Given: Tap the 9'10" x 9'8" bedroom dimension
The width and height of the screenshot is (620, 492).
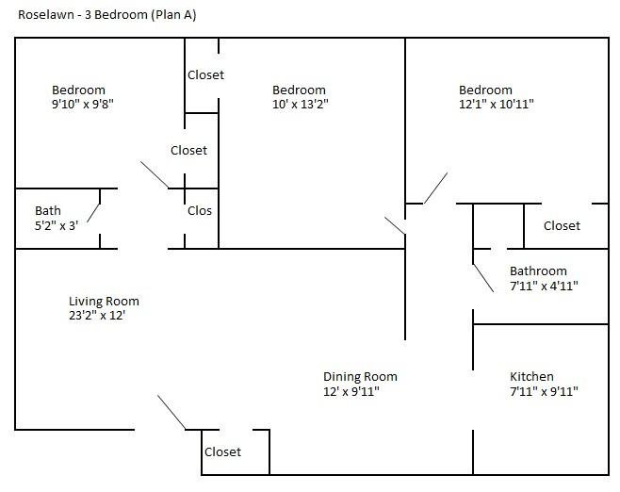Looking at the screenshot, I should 84,106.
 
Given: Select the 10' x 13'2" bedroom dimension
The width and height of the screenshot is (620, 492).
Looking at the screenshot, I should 300,106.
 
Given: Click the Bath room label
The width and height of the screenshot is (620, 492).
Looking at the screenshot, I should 48,210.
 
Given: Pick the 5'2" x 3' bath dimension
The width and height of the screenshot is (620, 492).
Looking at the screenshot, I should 60,226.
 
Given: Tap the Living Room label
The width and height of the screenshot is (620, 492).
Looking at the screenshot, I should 104,302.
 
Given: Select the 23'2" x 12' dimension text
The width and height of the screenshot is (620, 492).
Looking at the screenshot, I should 97,318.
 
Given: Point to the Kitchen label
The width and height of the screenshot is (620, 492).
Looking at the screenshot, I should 531,376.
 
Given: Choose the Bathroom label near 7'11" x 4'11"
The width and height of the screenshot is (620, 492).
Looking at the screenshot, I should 538,271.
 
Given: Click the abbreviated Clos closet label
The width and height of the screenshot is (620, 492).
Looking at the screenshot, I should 200,211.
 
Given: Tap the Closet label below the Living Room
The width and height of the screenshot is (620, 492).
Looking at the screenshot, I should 222,452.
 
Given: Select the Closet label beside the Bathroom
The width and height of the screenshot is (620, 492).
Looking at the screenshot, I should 562,225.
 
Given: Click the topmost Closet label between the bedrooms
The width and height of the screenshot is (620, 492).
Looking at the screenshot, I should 205,75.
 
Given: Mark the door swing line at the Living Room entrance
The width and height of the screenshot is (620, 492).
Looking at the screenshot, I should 171,413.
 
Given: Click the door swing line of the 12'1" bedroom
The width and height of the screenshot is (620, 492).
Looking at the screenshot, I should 435,188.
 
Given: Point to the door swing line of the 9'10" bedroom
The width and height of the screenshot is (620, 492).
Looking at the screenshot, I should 155,174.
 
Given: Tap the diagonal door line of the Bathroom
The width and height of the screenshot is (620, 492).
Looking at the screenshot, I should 482,276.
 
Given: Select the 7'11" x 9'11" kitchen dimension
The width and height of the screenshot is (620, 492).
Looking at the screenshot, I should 544,392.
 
